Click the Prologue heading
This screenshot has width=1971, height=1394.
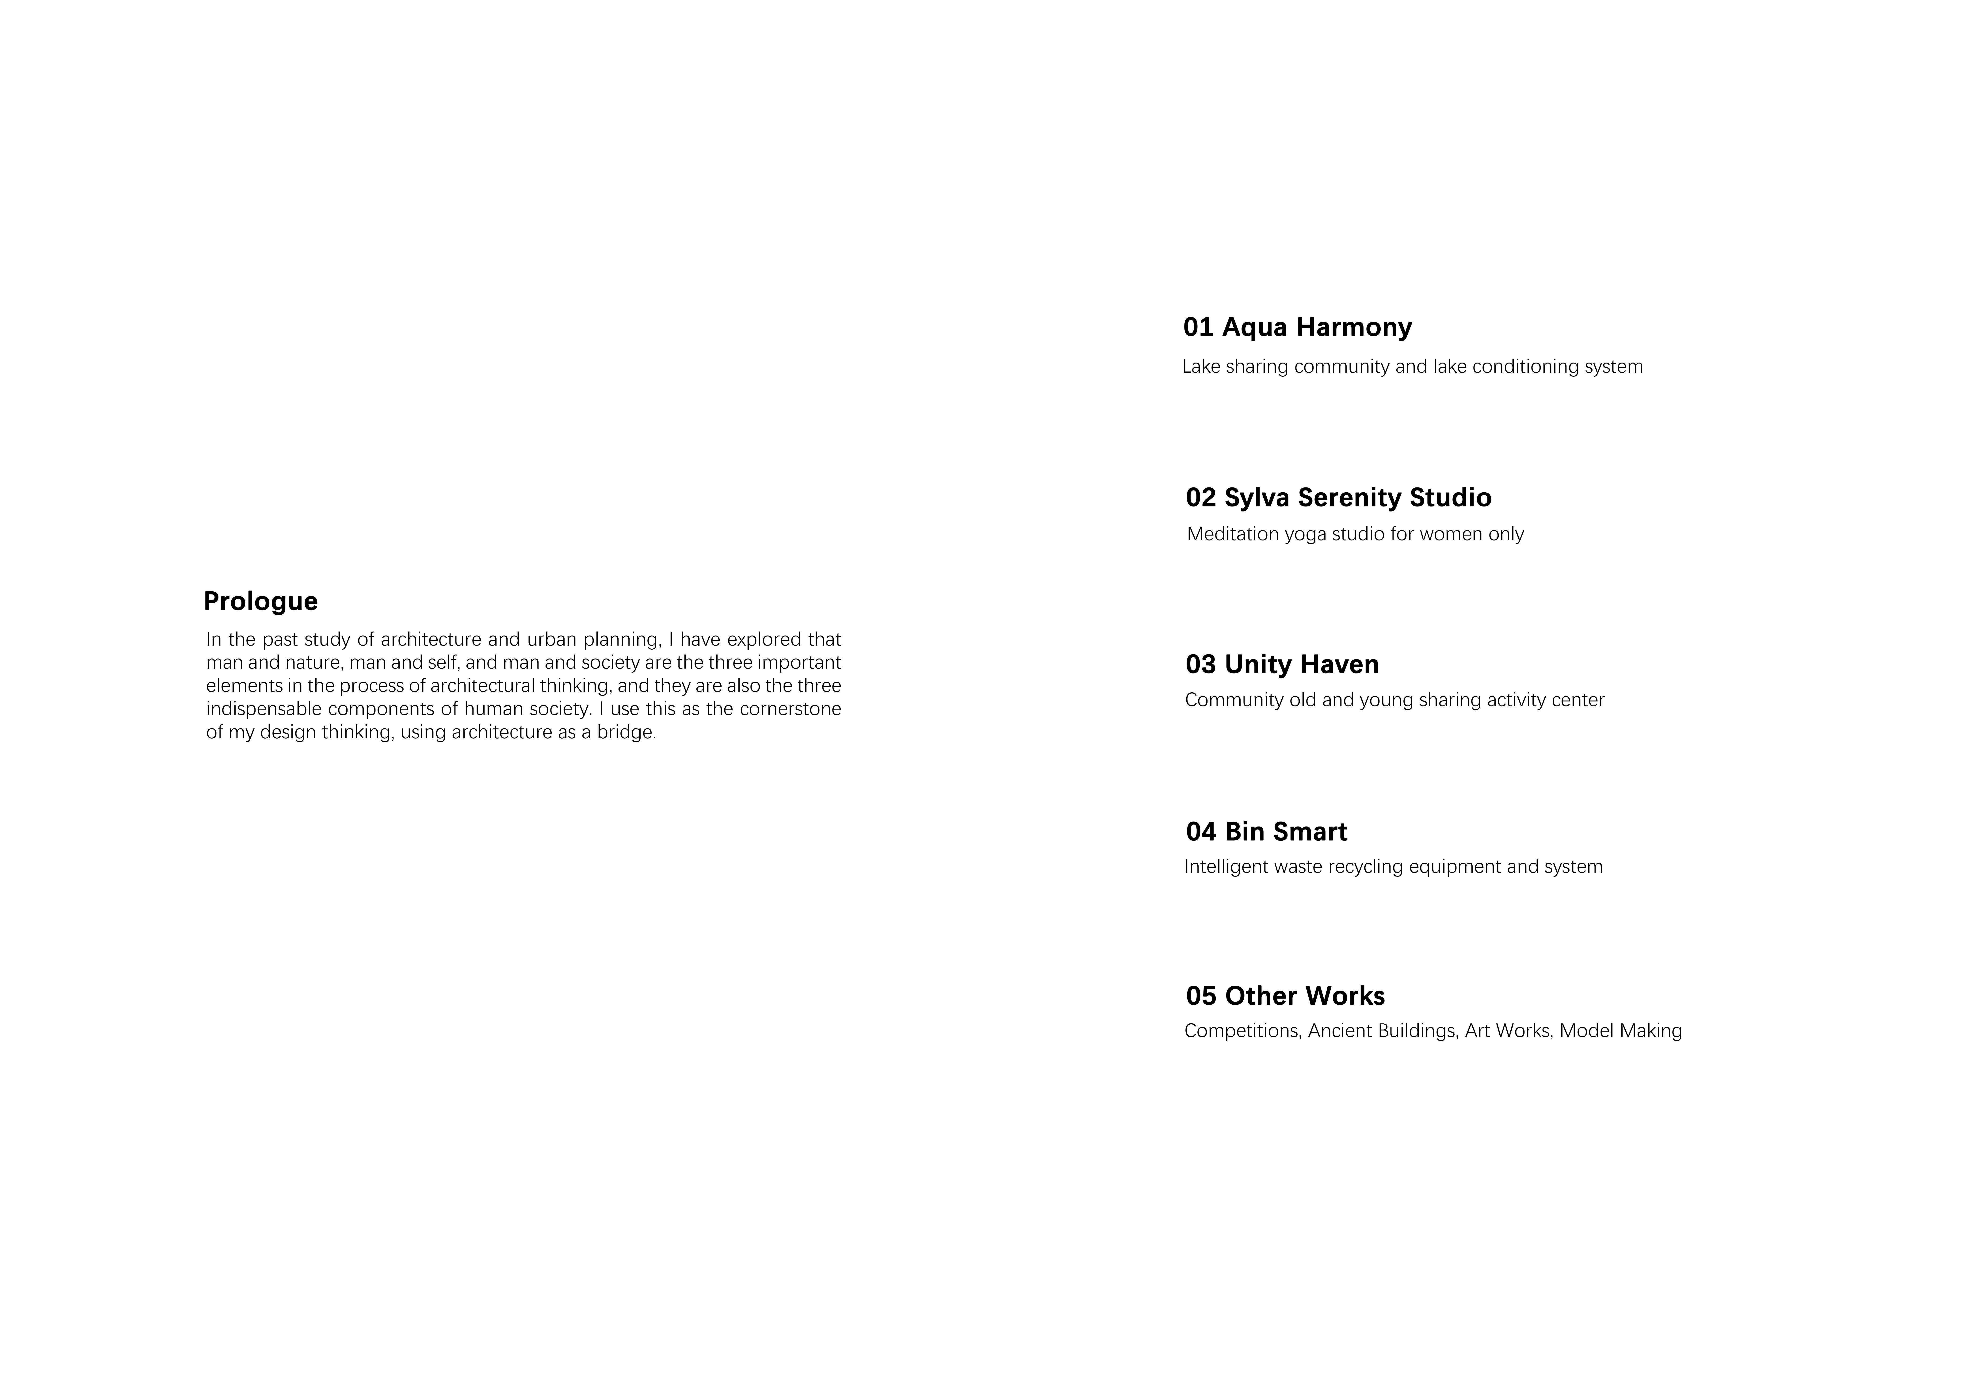(x=260, y=601)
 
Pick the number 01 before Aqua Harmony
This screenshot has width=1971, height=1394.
(x=1198, y=327)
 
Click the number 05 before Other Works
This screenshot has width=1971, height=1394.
(x=1201, y=996)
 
